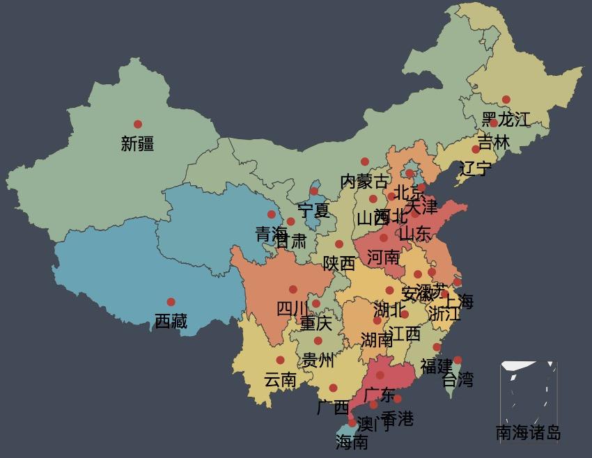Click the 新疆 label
tap(137, 144)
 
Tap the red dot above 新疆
tap(138, 125)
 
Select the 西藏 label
tap(171, 322)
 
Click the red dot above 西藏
tap(171, 302)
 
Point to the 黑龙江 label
tap(506, 119)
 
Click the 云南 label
tap(280, 380)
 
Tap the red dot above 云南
tap(280, 360)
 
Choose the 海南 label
tap(352, 442)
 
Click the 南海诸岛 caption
tap(528, 433)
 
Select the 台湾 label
tap(458, 380)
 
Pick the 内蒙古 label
tap(364, 182)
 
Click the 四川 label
tap(293, 309)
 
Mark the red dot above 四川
tap(293, 290)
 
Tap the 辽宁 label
tap(476, 168)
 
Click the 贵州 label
tap(318, 361)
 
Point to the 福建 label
tap(437, 366)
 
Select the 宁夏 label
tap(313, 210)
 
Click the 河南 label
tap(383, 258)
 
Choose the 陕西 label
tap(338, 264)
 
